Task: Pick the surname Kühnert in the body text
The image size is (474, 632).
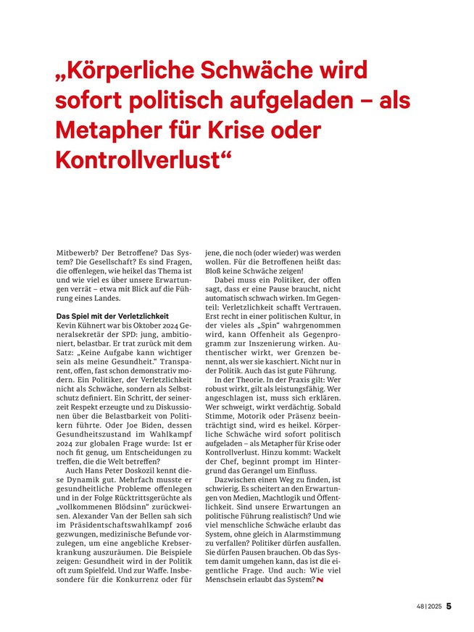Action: click(89, 326)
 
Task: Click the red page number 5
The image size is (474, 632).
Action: click(449, 605)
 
